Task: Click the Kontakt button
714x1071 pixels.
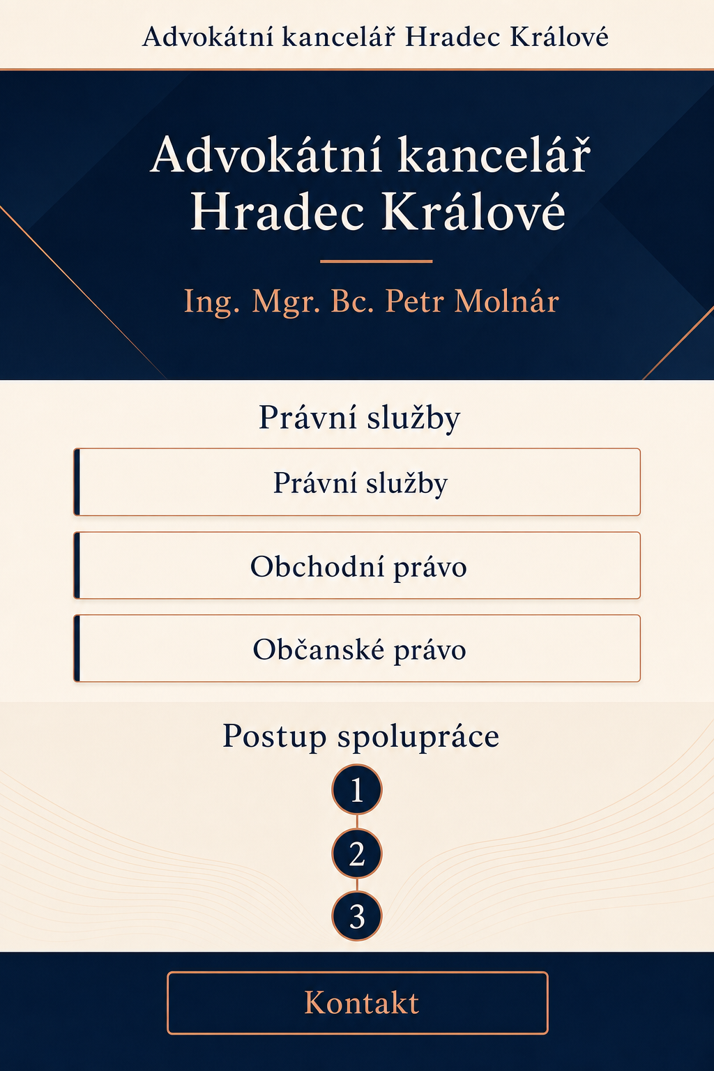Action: click(x=357, y=1003)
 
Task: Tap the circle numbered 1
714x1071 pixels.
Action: click(x=357, y=789)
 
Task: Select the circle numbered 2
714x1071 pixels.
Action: click(x=357, y=853)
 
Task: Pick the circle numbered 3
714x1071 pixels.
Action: click(x=357, y=916)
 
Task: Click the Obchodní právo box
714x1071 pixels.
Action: click(x=357, y=565)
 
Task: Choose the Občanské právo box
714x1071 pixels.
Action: click(x=357, y=648)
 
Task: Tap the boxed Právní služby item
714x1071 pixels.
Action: click(x=357, y=482)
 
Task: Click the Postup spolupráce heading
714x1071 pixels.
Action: click(x=360, y=737)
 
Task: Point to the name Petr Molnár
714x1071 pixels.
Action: click(x=472, y=301)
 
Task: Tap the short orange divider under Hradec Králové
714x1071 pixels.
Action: click(x=377, y=261)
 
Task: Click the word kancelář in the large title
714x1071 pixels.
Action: click(x=494, y=154)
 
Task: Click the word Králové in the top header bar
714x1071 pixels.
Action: click(x=559, y=36)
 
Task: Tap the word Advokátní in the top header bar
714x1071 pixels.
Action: click(x=208, y=36)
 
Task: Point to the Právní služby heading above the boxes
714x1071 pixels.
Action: click(x=359, y=418)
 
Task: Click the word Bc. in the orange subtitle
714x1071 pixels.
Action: click(x=352, y=301)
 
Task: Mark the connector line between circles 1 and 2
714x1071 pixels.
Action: click(x=357, y=821)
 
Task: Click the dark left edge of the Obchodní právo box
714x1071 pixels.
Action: click(x=77, y=565)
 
